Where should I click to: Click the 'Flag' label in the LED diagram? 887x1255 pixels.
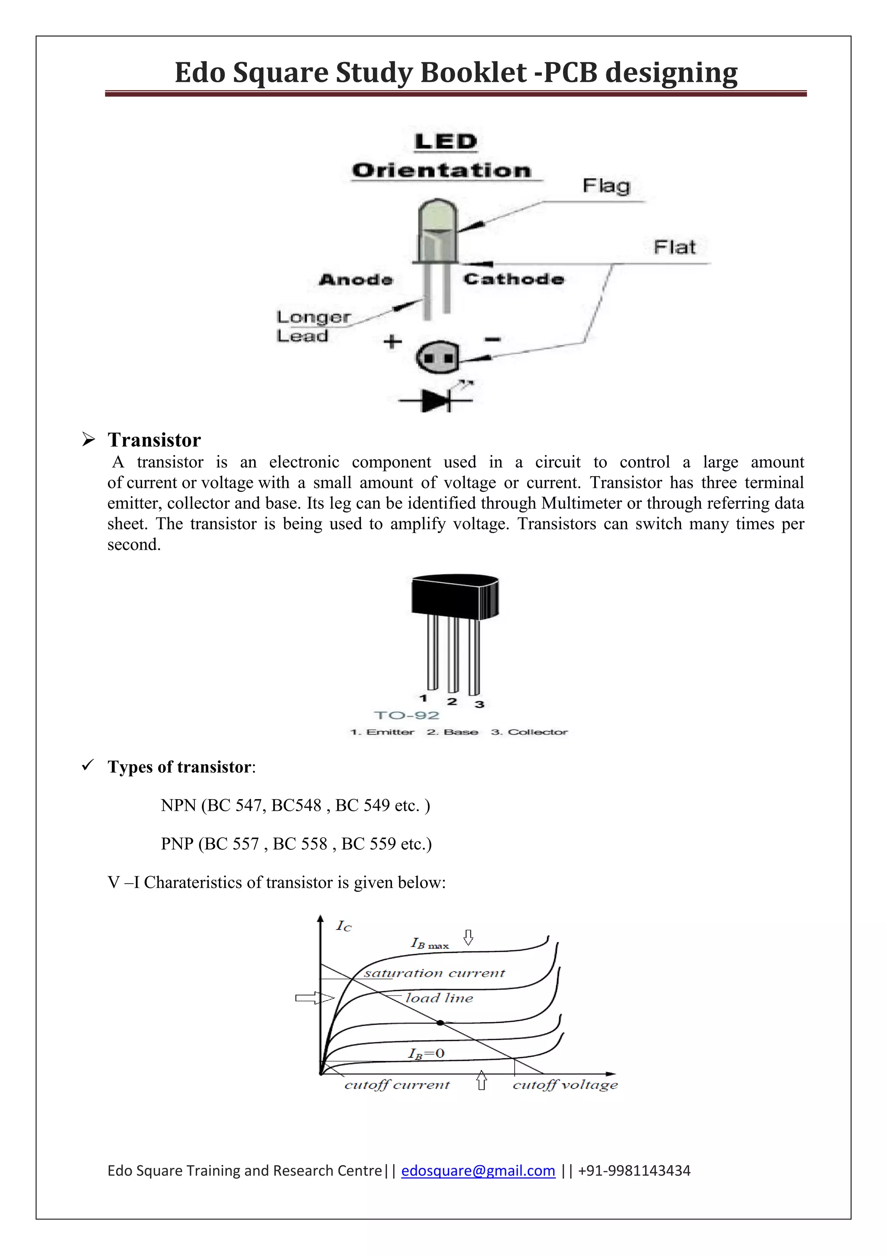(x=606, y=186)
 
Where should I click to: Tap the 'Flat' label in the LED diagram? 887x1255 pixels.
(x=674, y=247)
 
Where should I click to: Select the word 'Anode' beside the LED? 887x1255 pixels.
(x=356, y=280)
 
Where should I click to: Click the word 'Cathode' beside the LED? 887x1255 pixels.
(x=513, y=280)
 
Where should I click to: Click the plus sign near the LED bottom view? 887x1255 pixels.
(x=392, y=342)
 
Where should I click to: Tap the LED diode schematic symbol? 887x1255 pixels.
(x=436, y=401)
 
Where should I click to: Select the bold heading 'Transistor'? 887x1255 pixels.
(x=154, y=440)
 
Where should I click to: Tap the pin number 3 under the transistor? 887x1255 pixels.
(x=479, y=705)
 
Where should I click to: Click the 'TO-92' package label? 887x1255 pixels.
(x=406, y=715)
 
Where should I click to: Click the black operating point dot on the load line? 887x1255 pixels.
(x=440, y=1023)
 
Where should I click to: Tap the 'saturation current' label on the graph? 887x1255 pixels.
(x=434, y=973)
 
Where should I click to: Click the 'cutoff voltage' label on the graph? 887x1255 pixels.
(x=565, y=1085)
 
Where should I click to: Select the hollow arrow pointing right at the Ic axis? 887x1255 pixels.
(x=314, y=998)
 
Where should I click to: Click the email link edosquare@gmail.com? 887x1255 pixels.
(x=478, y=1171)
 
